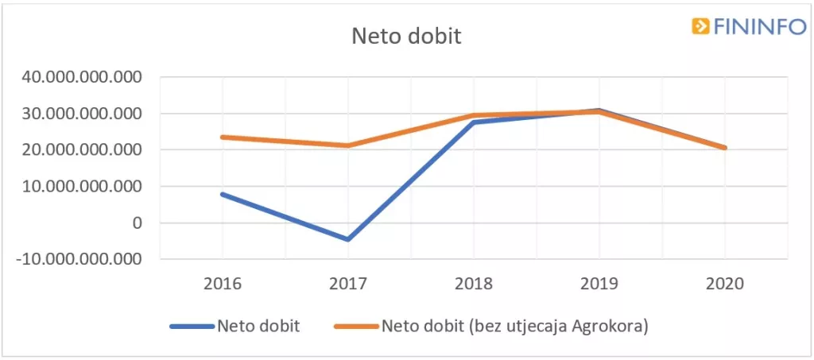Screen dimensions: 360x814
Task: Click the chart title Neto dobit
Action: pos(406,37)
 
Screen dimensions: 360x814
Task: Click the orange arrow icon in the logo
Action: pos(700,26)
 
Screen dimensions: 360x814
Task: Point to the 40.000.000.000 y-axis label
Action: pos(83,78)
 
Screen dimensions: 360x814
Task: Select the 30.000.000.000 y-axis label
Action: pos(83,114)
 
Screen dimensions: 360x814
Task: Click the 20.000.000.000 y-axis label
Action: pos(83,150)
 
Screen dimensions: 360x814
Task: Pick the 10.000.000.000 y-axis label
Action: pos(83,187)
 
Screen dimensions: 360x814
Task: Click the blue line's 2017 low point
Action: pos(347,239)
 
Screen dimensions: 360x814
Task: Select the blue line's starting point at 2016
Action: pos(223,194)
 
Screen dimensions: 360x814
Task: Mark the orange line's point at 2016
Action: pos(223,137)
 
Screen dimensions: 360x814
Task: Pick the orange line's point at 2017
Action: pos(347,145)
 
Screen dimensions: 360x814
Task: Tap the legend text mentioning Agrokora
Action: pos(514,327)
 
